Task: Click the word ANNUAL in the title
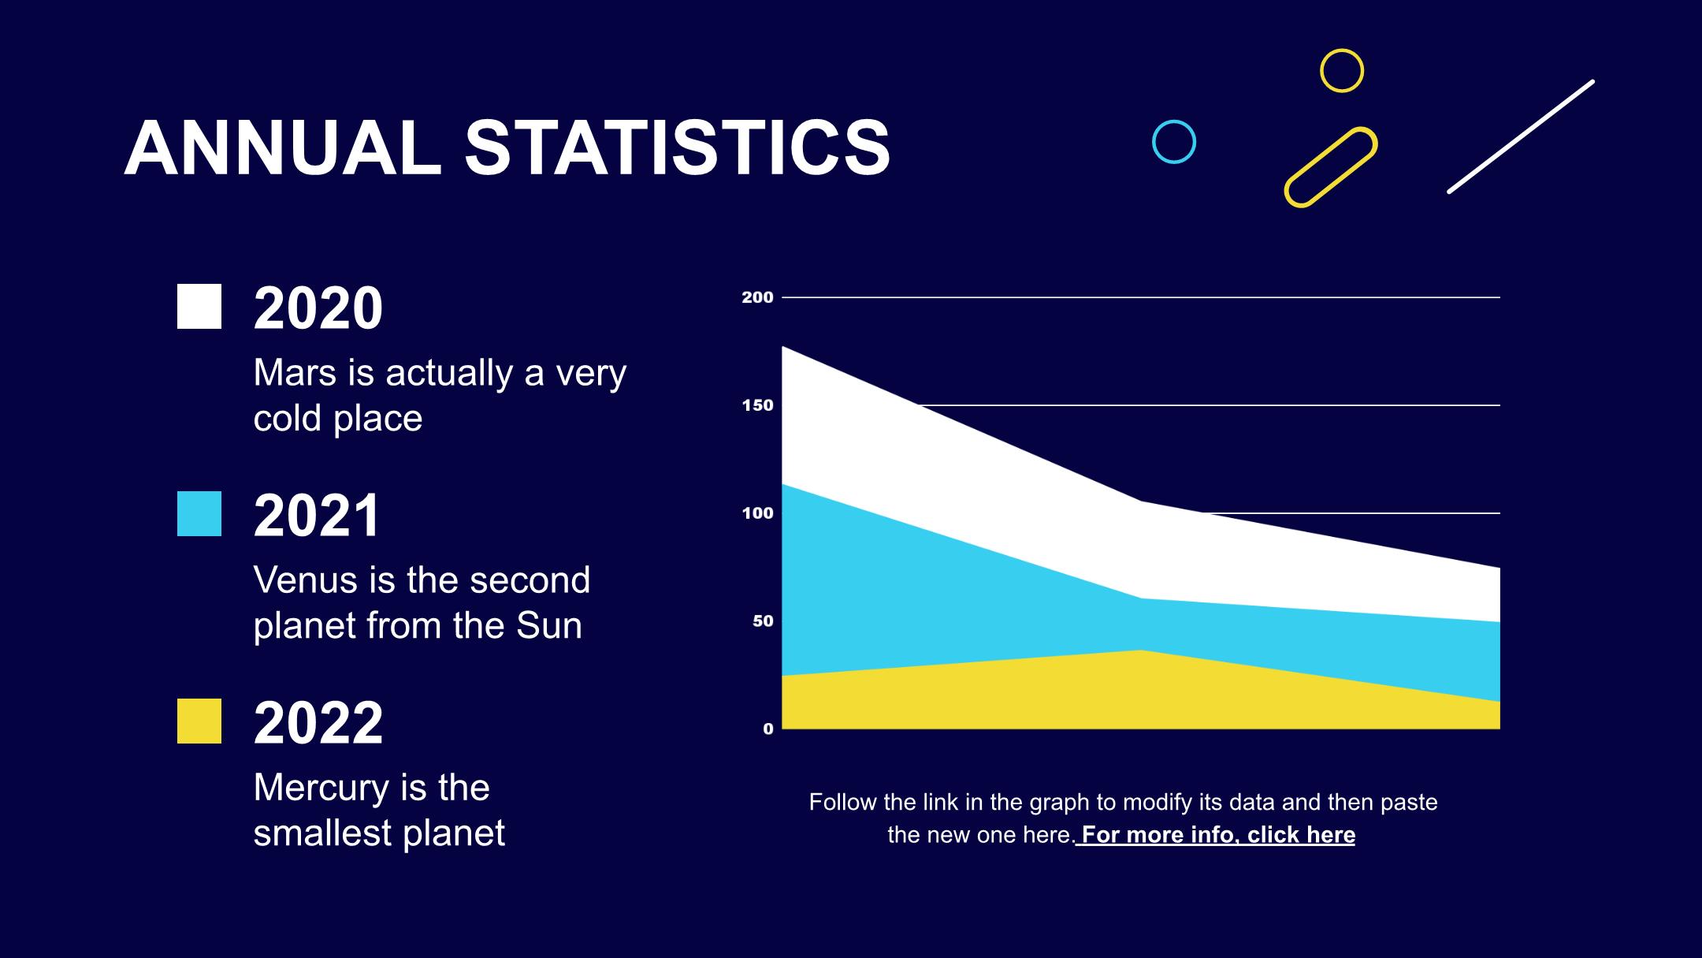pos(283,148)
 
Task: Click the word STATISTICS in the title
pos(678,148)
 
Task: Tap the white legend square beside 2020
pos(199,307)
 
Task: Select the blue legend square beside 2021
pos(199,514)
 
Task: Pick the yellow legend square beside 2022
pos(199,721)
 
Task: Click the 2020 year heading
pos(318,308)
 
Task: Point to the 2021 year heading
pos(317,516)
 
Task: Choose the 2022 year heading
pos(318,723)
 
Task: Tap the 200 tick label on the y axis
pos(757,297)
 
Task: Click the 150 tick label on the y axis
pos(757,405)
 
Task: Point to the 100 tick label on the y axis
pos(757,513)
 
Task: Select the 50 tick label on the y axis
pos(763,621)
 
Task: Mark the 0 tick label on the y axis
pos(768,729)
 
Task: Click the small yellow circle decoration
pos(1342,71)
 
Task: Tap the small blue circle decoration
pos(1174,142)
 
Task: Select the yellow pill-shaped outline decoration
pos(1331,167)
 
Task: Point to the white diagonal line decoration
pos(1521,136)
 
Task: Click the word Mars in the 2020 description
pos(295,373)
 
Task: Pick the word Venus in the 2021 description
pos(305,580)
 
